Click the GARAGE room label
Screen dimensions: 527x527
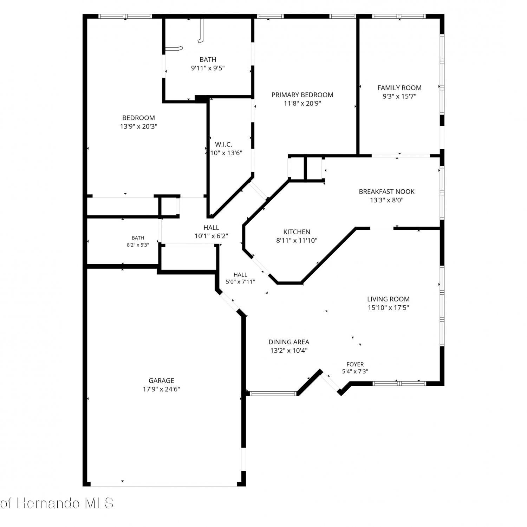161,380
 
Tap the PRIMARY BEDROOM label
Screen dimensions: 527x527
302,95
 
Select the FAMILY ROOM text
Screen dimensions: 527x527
399,88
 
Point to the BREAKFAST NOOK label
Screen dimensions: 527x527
386,191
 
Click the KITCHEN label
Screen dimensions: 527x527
297,232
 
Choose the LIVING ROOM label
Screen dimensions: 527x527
388,299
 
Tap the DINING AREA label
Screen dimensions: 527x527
289,342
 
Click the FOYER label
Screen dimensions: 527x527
355,364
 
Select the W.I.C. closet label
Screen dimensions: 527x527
223,144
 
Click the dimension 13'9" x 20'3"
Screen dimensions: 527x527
138,126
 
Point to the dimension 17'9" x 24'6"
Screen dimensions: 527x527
161,389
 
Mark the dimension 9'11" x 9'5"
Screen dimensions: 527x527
208,68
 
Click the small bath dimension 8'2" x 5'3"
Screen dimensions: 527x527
138,245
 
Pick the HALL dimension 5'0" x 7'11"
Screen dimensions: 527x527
240,281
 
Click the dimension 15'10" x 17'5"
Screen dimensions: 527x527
388,308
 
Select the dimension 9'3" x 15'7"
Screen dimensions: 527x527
399,96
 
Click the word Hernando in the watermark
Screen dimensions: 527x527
49,503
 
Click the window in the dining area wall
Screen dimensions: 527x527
273,393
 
